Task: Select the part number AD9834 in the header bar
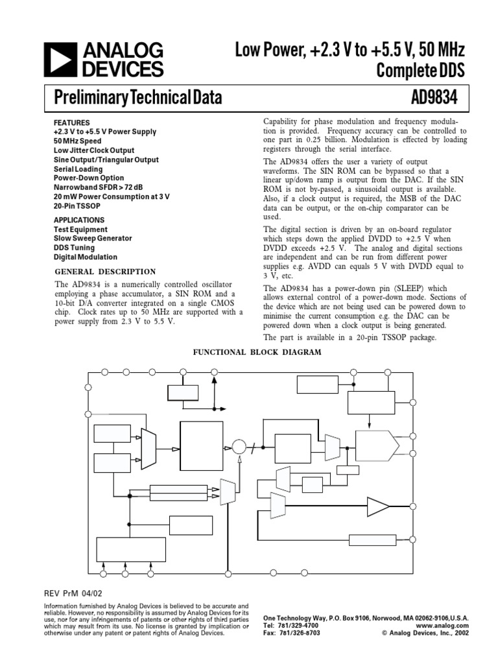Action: click(x=434, y=98)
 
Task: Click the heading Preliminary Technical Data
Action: click(x=137, y=98)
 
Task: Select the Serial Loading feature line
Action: click(x=78, y=169)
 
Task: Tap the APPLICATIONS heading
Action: click(x=79, y=220)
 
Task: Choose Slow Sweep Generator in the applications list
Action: click(x=93, y=239)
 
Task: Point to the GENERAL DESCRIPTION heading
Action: click(x=104, y=272)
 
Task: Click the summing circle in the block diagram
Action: click(x=239, y=447)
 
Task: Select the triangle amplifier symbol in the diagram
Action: click(x=377, y=504)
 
